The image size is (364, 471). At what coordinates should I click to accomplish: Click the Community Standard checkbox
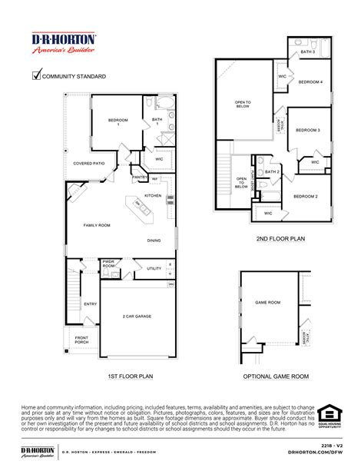35,75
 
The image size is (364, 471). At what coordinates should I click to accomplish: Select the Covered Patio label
88,163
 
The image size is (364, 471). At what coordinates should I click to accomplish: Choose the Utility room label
154,268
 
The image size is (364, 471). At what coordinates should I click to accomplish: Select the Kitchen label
154,196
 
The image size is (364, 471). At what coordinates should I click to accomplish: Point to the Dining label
154,240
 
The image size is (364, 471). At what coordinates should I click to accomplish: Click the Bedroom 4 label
310,82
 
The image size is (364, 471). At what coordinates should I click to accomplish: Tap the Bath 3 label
307,51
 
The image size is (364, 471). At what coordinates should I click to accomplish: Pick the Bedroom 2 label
306,197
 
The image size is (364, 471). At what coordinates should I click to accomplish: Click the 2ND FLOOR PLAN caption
280,239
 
